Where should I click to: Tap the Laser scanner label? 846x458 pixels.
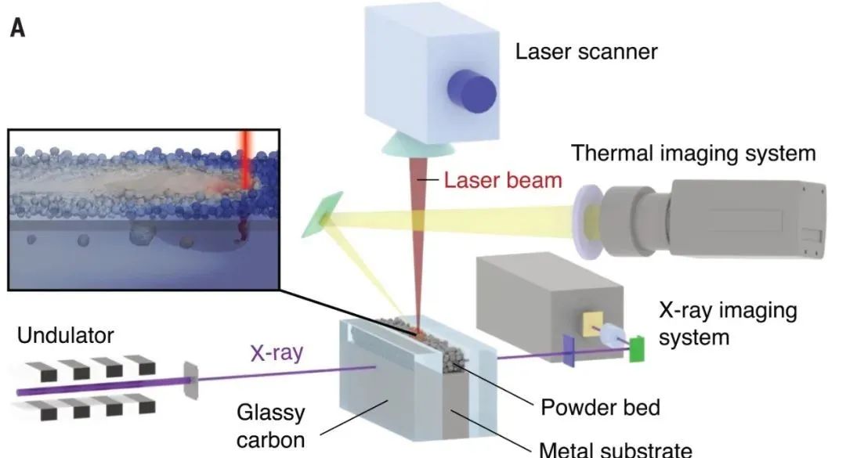click(x=586, y=52)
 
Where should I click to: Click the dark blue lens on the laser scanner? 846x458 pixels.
click(x=472, y=91)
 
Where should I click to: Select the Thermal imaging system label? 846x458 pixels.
click(x=693, y=153)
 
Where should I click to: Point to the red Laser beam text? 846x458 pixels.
click(x=503, y=181)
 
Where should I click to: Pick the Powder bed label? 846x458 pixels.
click(x=601, y=407)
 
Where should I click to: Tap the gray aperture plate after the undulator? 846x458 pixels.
click(x=190, y=377)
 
